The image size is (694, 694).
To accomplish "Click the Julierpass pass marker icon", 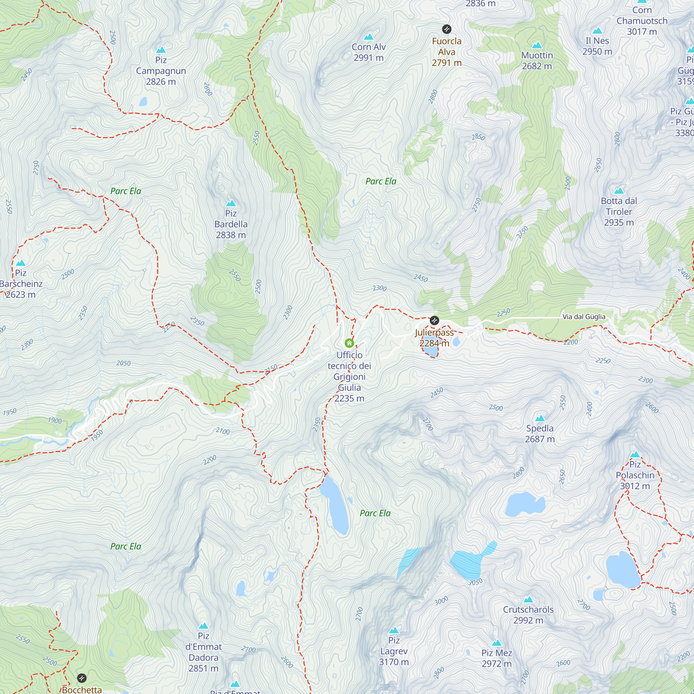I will point(434,320).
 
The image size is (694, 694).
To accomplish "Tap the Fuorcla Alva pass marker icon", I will point(447,29).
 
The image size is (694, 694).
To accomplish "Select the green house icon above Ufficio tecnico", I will point(349,343).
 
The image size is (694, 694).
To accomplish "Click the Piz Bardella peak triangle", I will point(231,203).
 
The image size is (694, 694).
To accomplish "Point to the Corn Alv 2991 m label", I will point(369,52).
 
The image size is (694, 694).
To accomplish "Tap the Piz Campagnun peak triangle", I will point(161,50).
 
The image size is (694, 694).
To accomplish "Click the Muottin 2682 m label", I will point(537,61).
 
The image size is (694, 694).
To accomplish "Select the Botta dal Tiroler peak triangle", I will point(619,191).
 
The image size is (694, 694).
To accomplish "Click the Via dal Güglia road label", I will point(584,316).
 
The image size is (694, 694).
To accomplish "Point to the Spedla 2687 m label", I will point(540,433).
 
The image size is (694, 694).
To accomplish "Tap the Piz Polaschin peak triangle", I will point(635,455).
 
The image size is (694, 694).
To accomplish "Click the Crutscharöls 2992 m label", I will point(528,615).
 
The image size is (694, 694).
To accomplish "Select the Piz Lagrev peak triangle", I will point(394,630).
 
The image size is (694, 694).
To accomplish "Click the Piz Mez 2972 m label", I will point(497,658).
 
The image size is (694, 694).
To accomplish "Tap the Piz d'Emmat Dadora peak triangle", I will point(203,626).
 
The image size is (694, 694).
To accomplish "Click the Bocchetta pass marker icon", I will point(82,678).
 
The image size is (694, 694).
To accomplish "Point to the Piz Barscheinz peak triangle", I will point(20,263).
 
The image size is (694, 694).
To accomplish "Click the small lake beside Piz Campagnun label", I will point(143,102).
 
